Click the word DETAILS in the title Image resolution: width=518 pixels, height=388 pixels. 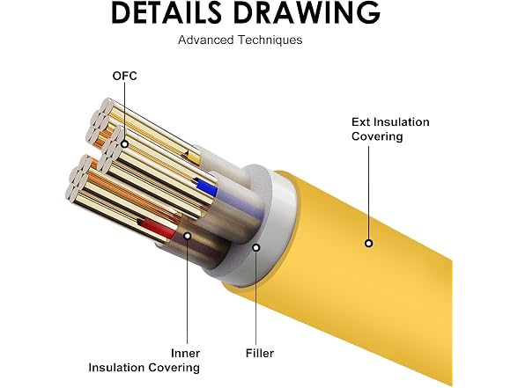click(x=166, y=12)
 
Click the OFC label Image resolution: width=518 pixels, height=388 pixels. click(x=124, y=76)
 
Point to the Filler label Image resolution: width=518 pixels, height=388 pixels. click(x=260, y=354)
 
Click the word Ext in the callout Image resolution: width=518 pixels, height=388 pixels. click(x=360, y=122)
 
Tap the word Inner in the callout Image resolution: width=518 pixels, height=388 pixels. click(x=185, y=354)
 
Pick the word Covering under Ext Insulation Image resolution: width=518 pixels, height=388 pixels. click(x=377, y=136)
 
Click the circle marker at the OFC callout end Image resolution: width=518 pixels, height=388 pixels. click(x=124, y=144)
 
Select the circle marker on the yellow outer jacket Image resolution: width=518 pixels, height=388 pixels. click(x=368, y=244)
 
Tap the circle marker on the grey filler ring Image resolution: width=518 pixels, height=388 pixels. click(x=256, y=247)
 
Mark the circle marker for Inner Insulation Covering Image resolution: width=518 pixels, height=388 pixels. click(x=188, y=236)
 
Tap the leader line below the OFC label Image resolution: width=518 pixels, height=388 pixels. click(x=124, y=111)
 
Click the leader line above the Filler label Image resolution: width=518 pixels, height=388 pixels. click(x=256, y=298)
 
